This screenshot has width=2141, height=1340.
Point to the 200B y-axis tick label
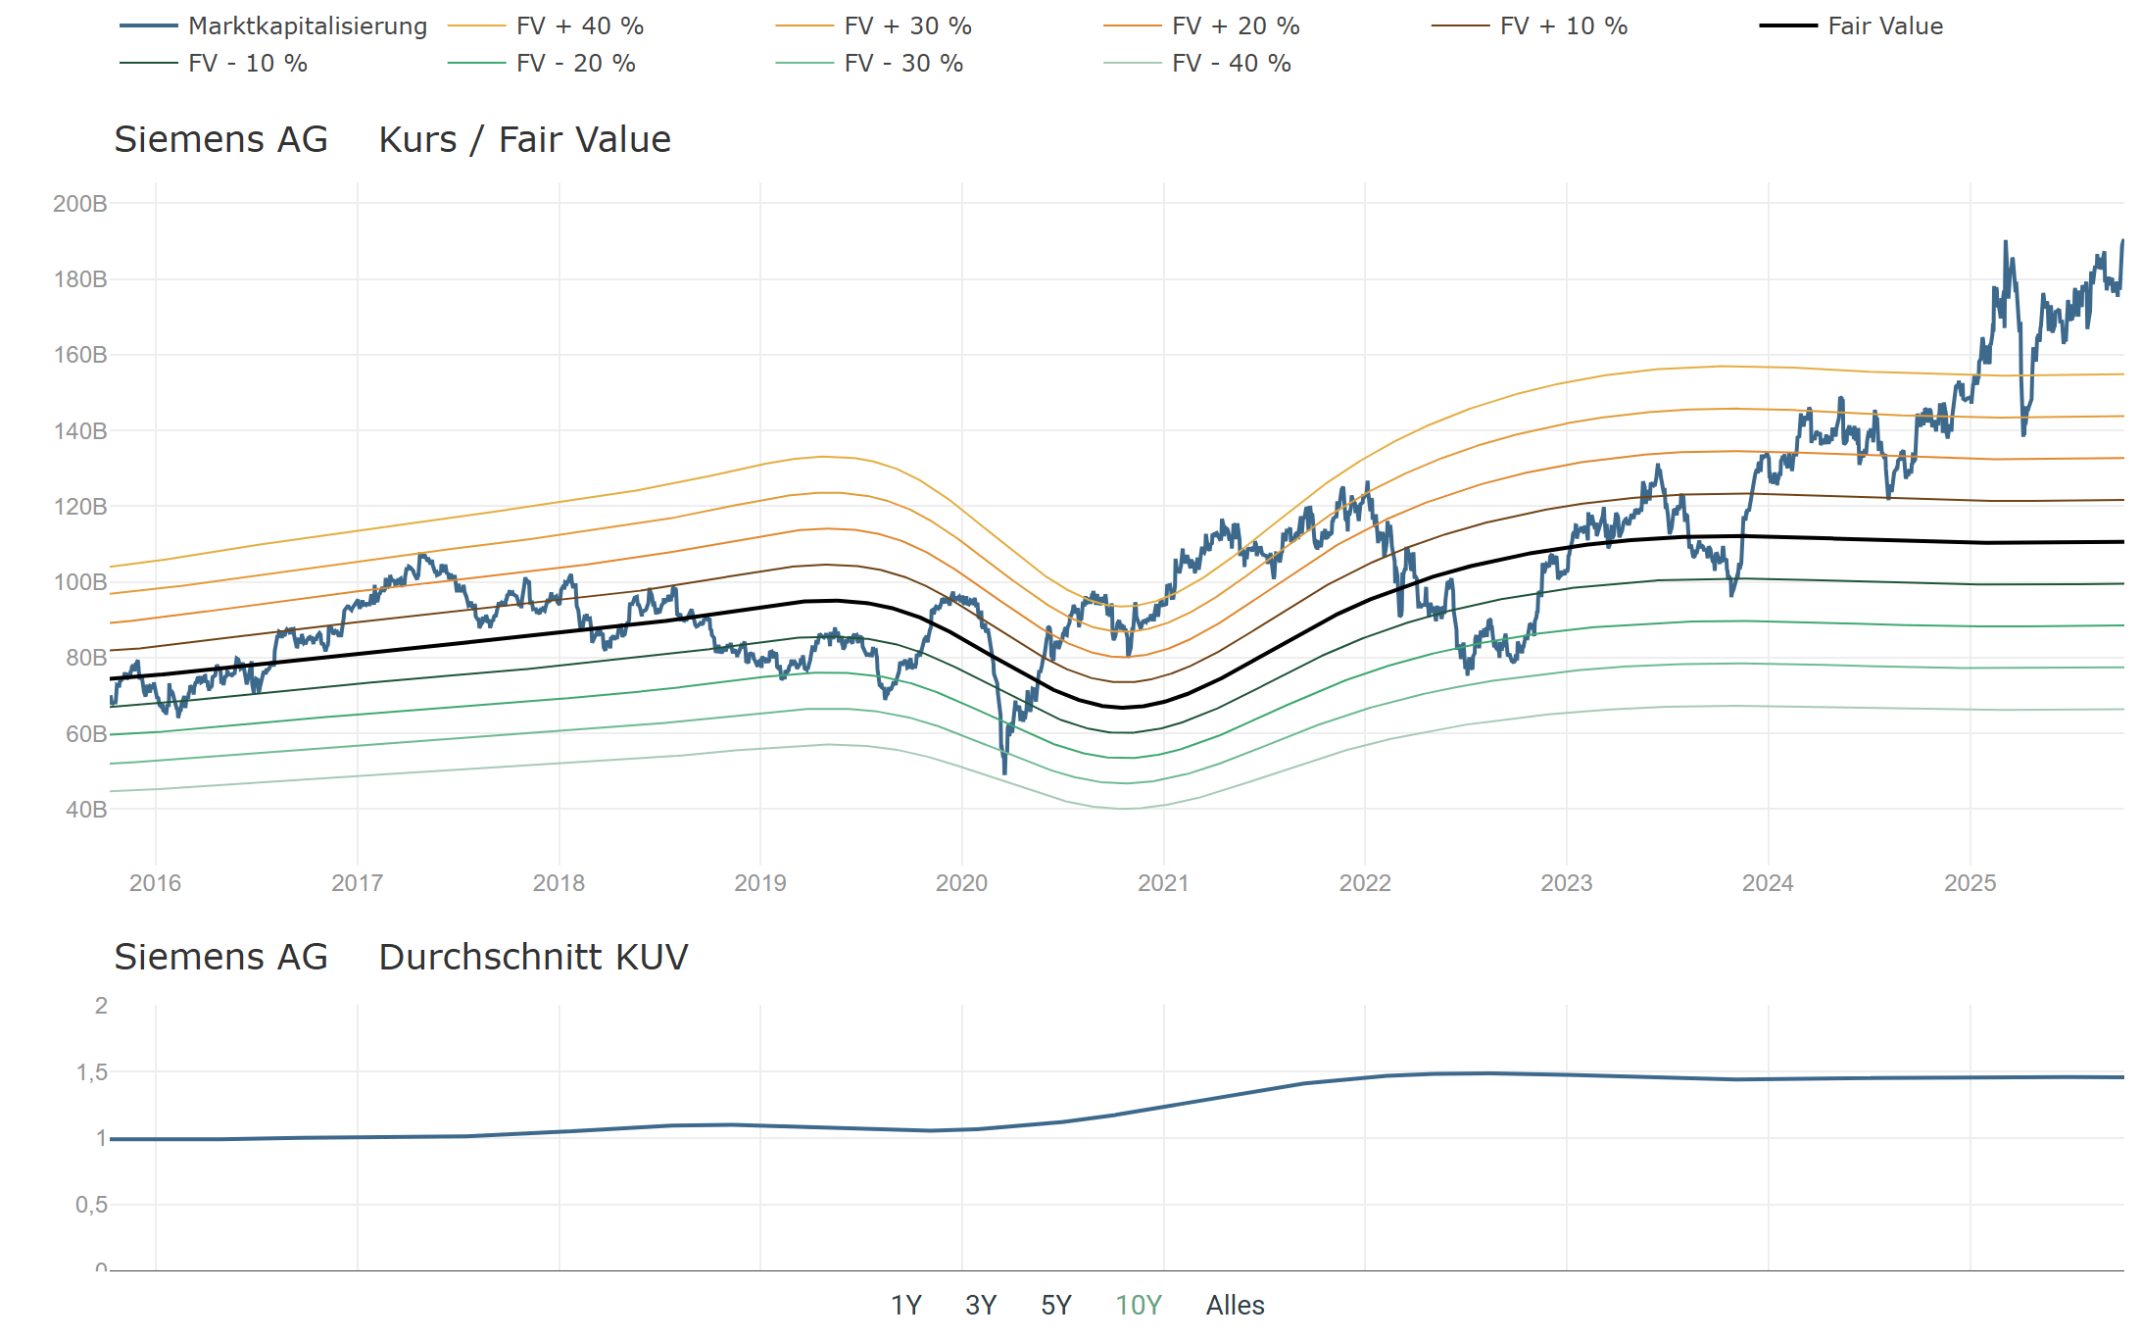(80, 204)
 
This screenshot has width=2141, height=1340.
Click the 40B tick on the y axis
(86, 810)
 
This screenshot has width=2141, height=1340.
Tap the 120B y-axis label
(80, 507)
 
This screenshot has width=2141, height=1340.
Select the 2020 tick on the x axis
(961, 883)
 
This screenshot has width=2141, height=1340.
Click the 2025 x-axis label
(1970, 883)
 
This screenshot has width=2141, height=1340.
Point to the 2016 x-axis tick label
(155, 883)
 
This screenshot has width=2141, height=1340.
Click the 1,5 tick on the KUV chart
(92, 1072)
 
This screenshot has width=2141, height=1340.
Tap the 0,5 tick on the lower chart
(92, 1205)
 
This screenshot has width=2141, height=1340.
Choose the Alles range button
(1235, 1306)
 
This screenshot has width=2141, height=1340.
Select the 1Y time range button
(905, 1306)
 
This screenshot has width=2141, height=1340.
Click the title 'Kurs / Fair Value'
(524, 140)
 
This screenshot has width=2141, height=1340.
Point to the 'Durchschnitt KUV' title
(533, 958)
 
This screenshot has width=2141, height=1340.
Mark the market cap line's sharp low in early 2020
(1004, 772)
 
